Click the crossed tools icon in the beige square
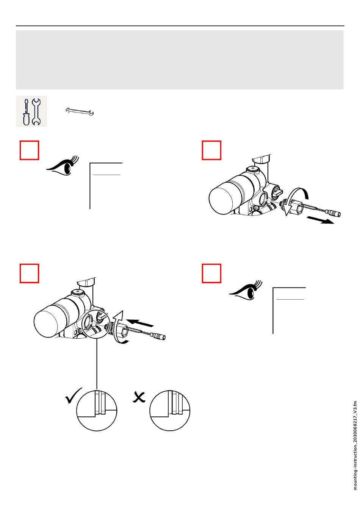click(31, 111)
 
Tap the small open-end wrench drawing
click(80, 111)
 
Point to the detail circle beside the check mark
click(97, 410)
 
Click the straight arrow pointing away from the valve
click(320, 220)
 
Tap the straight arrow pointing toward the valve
click(140, 323)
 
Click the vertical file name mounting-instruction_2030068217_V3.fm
click(355, 445)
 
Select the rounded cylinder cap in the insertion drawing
click(47, 322)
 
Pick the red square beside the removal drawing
click(211, 150)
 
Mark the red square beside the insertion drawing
click(29, 273)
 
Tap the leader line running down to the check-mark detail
click(97, 364)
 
